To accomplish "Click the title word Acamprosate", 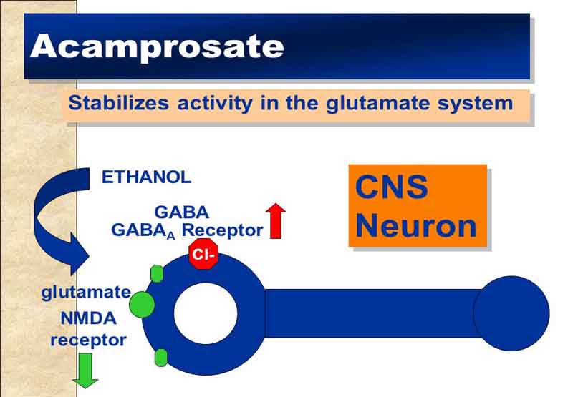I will click(157, 46).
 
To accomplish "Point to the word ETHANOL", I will click(146, 177).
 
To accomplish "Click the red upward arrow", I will click(276, 220).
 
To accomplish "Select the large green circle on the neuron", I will click(142, 304).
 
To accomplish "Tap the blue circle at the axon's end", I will click(511, 313).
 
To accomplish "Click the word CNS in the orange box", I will click(391, 188).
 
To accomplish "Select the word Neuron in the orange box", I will click(415, 226).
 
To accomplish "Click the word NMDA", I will click(88, 319).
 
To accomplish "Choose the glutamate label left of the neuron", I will click(86, 292).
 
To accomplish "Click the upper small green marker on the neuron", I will click(158, 273).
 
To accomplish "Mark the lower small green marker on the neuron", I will click(161, 357).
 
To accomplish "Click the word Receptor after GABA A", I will click(222, 230).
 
